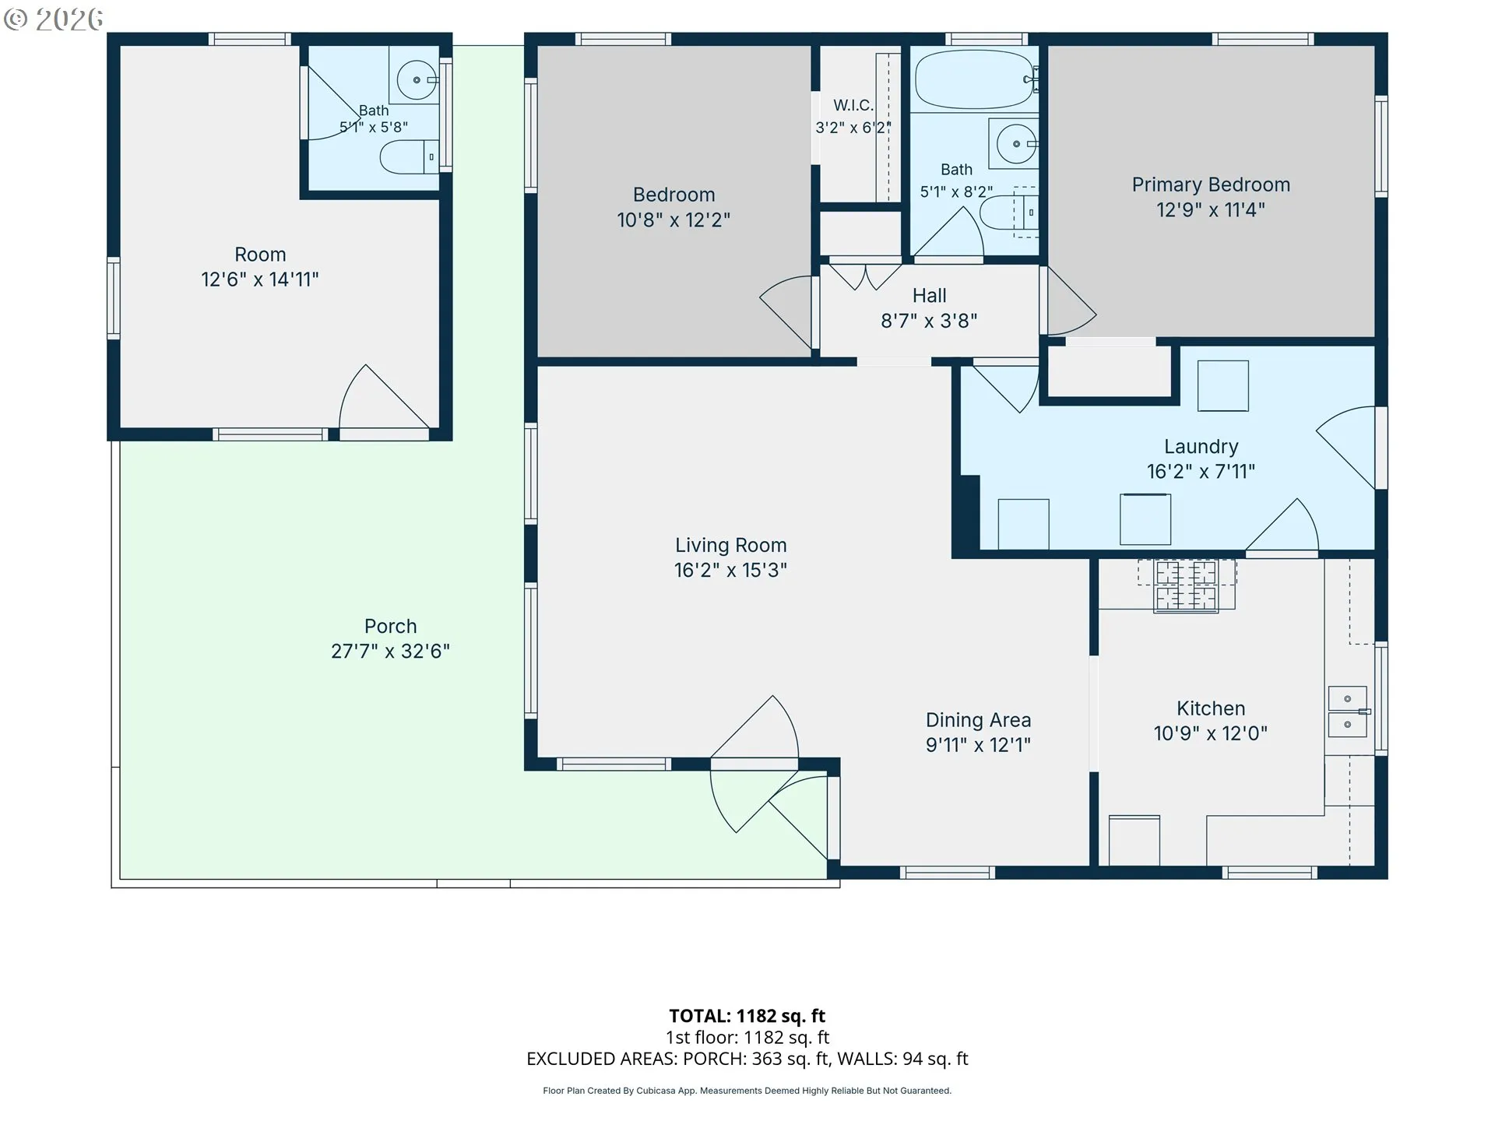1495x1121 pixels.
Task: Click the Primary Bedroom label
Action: tap(1211, 184)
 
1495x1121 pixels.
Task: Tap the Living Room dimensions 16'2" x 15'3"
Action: tap(730, 571)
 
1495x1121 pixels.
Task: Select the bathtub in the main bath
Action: tap(976, 79)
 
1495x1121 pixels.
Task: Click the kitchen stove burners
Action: tap(1186, 585)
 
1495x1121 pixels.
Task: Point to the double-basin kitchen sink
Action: tap(1347, 712)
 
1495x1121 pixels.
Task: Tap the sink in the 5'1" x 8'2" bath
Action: tap(1014, 144)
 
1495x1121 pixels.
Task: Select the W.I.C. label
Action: tap(853, 105)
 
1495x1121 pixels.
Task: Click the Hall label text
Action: tap(929, 296)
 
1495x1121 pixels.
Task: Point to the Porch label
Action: tap(390, 627)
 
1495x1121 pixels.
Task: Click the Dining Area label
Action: tap(978, 720)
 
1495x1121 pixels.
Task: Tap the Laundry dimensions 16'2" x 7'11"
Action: tap(1201, 472)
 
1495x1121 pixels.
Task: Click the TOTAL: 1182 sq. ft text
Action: tap(747, 1016)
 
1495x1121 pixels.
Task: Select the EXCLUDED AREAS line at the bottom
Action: tap(747, 1059)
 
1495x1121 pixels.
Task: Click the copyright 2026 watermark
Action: tap(53, 19)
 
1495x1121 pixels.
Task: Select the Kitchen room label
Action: tap(1211, 708)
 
